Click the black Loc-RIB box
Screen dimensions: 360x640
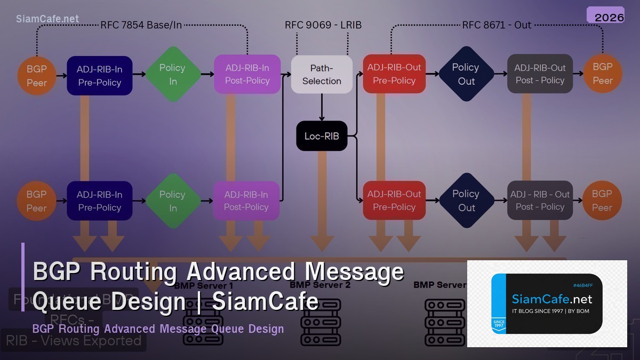point(322,136)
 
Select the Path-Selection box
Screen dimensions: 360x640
point(322,75)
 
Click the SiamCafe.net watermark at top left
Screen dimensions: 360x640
point(47,19)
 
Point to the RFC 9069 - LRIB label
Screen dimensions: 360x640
point(323,25)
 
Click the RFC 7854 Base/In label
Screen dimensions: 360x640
point(141,25)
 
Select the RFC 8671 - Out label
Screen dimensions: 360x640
point(497,25)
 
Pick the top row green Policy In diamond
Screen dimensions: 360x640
point(173,75)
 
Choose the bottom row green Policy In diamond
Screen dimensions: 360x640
point(173,201)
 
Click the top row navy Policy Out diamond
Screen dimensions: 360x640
point(466,74)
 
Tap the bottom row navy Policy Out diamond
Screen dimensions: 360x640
point(466,201)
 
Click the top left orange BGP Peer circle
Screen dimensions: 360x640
point(37,76)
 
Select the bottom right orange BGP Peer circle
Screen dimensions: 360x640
point(602,201)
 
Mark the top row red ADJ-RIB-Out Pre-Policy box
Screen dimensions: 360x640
point(394,74)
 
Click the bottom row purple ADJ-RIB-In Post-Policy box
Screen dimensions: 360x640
point(246,201)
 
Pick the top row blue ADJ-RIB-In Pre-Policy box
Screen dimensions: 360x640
point(100,76)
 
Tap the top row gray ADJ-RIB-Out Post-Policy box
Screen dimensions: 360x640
point(540,74)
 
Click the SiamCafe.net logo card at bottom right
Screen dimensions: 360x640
point(547,303)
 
